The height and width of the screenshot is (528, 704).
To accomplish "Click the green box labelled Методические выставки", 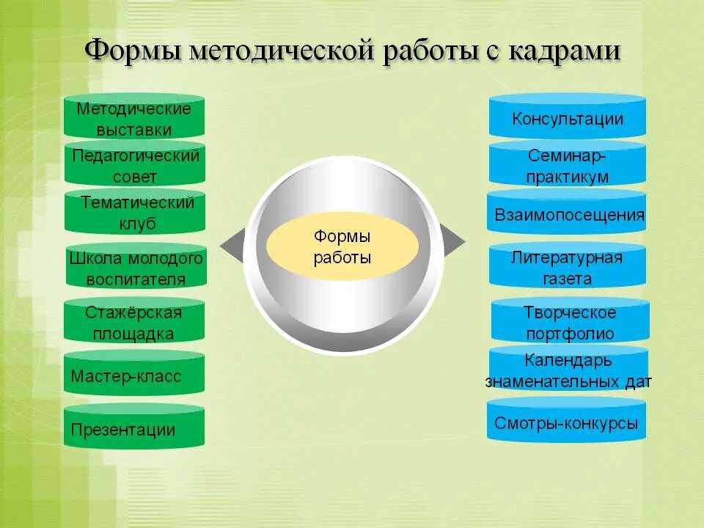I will (134, 117).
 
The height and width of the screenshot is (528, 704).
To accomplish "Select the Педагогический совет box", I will (135, 165).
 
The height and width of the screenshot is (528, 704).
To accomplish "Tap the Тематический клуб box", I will (135, 213).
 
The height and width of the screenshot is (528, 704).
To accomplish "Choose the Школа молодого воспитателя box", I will (136, 268).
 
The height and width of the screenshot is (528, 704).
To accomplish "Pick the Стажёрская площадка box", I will (133, 322).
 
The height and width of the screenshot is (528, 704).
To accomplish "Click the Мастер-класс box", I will (133, 376).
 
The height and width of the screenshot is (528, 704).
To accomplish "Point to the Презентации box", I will (133, 429).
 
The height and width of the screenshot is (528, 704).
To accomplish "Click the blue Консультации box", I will (567, 118).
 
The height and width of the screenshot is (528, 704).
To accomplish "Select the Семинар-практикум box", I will (567, 166).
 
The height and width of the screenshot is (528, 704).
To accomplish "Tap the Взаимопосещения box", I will (567, 214).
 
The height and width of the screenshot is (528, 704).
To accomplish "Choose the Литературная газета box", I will (567, 267).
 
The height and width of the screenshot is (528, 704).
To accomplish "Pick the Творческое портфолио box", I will (569, 322).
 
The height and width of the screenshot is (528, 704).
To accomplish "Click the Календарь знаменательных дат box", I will (568, 370).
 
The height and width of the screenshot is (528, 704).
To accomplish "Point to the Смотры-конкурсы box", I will (567, 422).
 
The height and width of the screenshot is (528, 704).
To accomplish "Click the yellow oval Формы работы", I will (342, 247).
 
